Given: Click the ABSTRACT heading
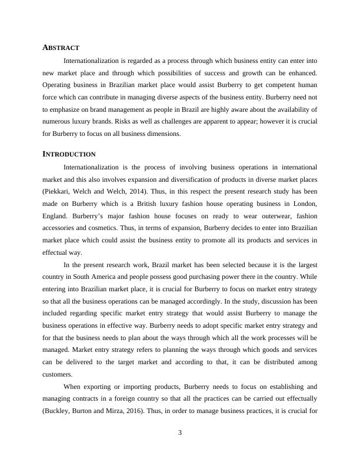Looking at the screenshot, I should (x=61, y=47).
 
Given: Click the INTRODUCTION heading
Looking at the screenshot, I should (x=69, y=154).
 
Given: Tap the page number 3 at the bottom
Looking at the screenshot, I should (x=180, y=434).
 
